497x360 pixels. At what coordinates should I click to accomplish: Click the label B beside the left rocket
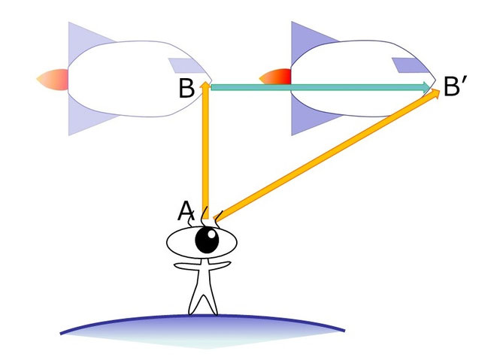pos(187,89)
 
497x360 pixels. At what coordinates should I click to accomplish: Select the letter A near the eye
pos(186,211)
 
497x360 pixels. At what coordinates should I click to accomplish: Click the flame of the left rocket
pos(53,78)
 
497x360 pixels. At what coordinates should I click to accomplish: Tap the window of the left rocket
pos(183,65)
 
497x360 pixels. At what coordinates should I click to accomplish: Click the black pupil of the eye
pos(207,241)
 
